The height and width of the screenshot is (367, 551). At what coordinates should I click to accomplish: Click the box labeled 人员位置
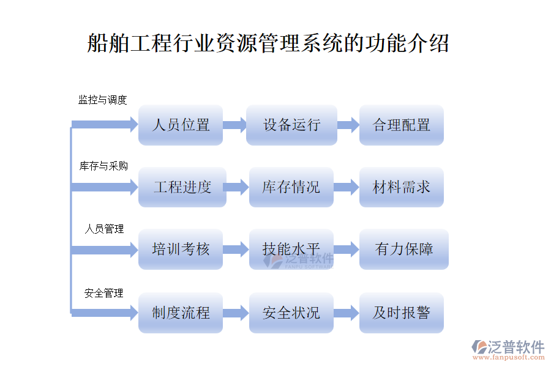181,125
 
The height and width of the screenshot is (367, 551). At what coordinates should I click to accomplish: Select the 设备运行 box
291,125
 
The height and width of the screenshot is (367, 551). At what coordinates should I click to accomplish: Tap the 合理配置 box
401,125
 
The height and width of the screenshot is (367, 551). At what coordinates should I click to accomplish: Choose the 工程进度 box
182,187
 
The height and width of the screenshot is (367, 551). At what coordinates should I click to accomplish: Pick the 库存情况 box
291,187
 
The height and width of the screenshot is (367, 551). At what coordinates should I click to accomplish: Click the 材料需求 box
401,187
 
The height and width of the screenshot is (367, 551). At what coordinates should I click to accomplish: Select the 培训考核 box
181,250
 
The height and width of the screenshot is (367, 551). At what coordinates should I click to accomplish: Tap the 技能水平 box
291,250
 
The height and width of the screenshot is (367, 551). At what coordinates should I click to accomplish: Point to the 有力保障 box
403,250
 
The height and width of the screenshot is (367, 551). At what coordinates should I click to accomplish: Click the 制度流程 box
181,313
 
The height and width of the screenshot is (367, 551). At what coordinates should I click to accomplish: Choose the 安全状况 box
291,313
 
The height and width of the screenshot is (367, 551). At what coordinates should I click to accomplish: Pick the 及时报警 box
401,313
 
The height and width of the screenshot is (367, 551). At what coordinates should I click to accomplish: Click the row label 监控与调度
102,100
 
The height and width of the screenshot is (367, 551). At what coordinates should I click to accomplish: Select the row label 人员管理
104,229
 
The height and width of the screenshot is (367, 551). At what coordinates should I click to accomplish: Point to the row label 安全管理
104,294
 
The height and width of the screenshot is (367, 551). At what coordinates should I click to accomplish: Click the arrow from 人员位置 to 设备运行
234,125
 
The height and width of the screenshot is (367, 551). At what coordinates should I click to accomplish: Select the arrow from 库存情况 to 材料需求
347,187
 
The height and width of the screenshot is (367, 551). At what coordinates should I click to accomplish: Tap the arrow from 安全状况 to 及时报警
347,313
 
